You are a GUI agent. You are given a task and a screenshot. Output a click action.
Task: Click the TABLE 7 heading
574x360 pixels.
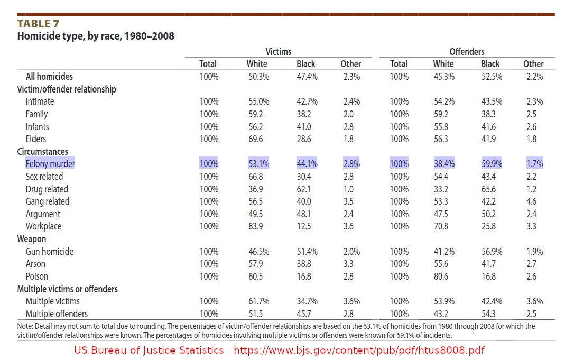click(38, 24)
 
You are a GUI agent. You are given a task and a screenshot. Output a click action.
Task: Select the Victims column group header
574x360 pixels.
click(279, 52)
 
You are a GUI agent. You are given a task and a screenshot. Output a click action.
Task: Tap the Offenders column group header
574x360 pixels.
click(467, 52)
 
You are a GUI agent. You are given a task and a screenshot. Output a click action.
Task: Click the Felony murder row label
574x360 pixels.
click(50, 164)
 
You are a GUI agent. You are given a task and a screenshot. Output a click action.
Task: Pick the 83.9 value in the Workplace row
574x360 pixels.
click(255, 226)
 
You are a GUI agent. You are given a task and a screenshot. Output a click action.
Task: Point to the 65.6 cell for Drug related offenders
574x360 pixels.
click(489, 189)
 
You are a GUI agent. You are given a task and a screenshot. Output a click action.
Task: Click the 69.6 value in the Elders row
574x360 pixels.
click(255, 139)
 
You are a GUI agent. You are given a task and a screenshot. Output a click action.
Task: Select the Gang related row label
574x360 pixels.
click(47, 201)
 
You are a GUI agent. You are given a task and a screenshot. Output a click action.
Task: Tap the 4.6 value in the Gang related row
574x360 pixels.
click(531, 201)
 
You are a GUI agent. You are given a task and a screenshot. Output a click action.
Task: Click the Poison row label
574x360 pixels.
click(36, 276)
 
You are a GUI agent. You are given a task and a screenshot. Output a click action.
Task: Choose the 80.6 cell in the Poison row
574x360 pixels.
click(441, 276)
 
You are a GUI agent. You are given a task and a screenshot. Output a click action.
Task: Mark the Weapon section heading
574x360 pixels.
click(32, 239)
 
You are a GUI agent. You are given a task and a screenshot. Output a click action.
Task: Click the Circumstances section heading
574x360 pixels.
click(42, 152)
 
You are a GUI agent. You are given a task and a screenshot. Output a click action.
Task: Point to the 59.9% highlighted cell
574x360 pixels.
click(492, 164)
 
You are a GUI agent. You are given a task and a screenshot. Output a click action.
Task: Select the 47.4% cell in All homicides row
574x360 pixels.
click(307, 77)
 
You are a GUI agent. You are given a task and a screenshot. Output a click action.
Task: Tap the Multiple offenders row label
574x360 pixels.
click(57, 314)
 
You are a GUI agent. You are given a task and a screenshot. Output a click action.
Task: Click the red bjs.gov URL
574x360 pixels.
click(359, 350)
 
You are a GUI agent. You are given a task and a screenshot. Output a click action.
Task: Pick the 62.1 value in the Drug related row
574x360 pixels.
click(303, 189)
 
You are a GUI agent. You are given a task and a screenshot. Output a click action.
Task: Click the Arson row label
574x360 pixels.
click(35, 264)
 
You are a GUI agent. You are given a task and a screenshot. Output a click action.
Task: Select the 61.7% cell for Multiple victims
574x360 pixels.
click(258, 301)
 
